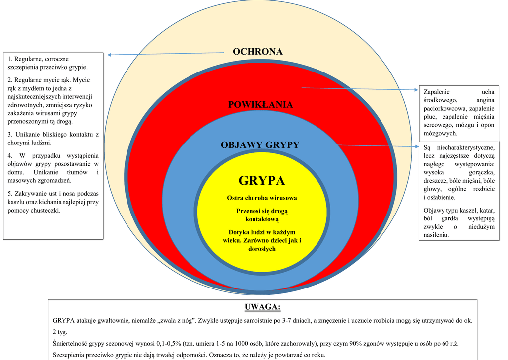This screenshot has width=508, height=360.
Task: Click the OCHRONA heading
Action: (x=257, y=52)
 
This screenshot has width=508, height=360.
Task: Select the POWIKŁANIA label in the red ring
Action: (x=260, y=105)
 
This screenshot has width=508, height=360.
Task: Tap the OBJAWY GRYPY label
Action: (x=260, y=145)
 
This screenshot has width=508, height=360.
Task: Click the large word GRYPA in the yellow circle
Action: (x=261, y=180)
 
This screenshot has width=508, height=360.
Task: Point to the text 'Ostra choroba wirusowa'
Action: (x=262, y=198)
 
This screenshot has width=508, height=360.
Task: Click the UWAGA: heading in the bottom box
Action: (x=262, y=306)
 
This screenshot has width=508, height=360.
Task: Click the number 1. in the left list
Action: (x=11, y=59)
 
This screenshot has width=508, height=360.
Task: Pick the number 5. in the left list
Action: (x=11, y=193)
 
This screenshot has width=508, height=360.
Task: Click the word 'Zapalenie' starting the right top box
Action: (x=437, y=92)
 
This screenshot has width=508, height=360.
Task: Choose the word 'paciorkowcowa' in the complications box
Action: (x=444, y=108)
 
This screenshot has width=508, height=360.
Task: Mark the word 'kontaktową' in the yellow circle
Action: (x=262, y=219)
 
